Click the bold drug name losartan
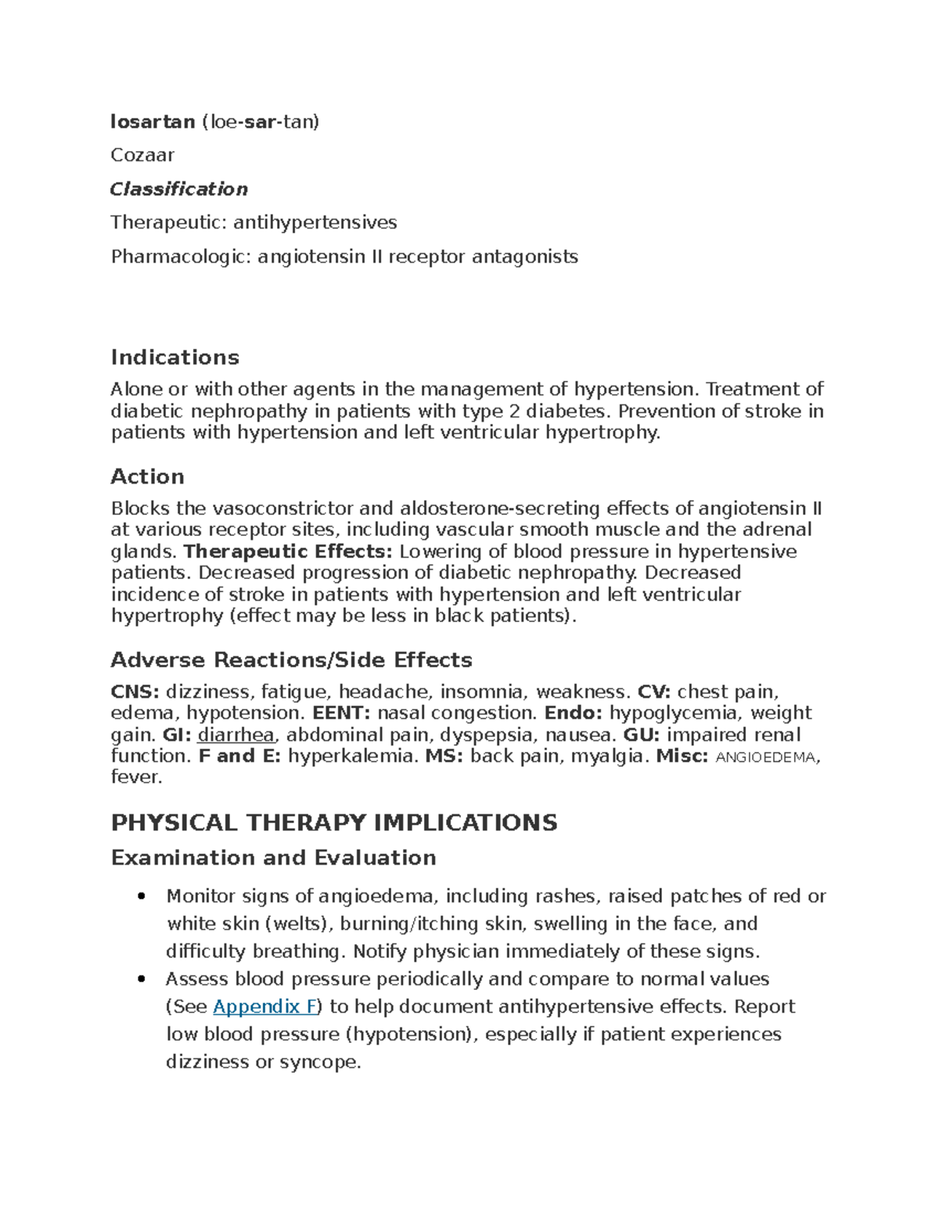tap(153, 121)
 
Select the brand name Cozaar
tap(142, 155)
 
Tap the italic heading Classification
tap(178, 189)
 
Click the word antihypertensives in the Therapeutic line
tap(316, 223)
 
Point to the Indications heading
tap(174, 358)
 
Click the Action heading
tap(147, 476)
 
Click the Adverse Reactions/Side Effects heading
tap(291, 660)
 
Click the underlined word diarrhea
tap(236, 735)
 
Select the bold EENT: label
tap(344, 713)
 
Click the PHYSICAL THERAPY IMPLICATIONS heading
tap(334, 822)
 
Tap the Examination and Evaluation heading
tap(273, 858)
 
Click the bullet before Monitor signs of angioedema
tap(141, 897)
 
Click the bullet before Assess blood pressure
tap(141, 980)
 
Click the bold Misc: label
tap(682, 756)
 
